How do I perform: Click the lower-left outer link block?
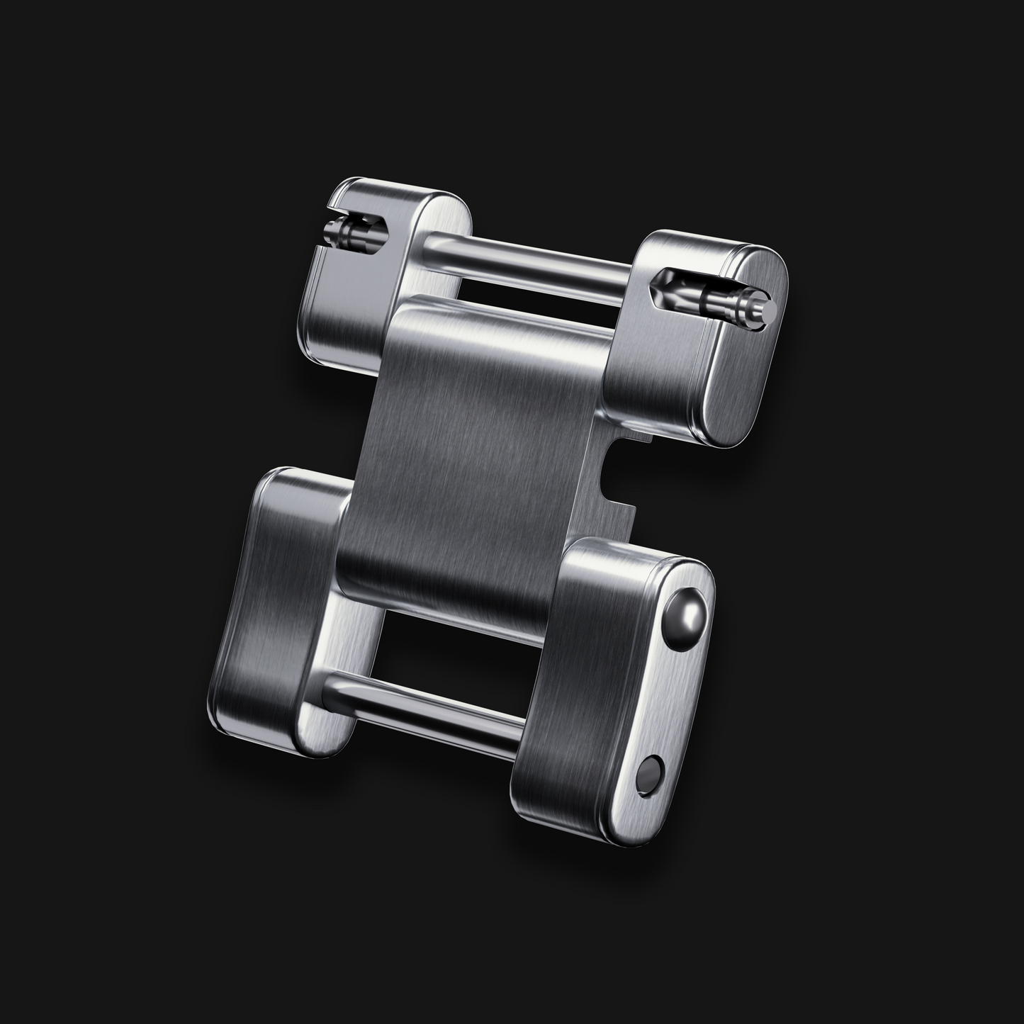(x=283, y=609)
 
